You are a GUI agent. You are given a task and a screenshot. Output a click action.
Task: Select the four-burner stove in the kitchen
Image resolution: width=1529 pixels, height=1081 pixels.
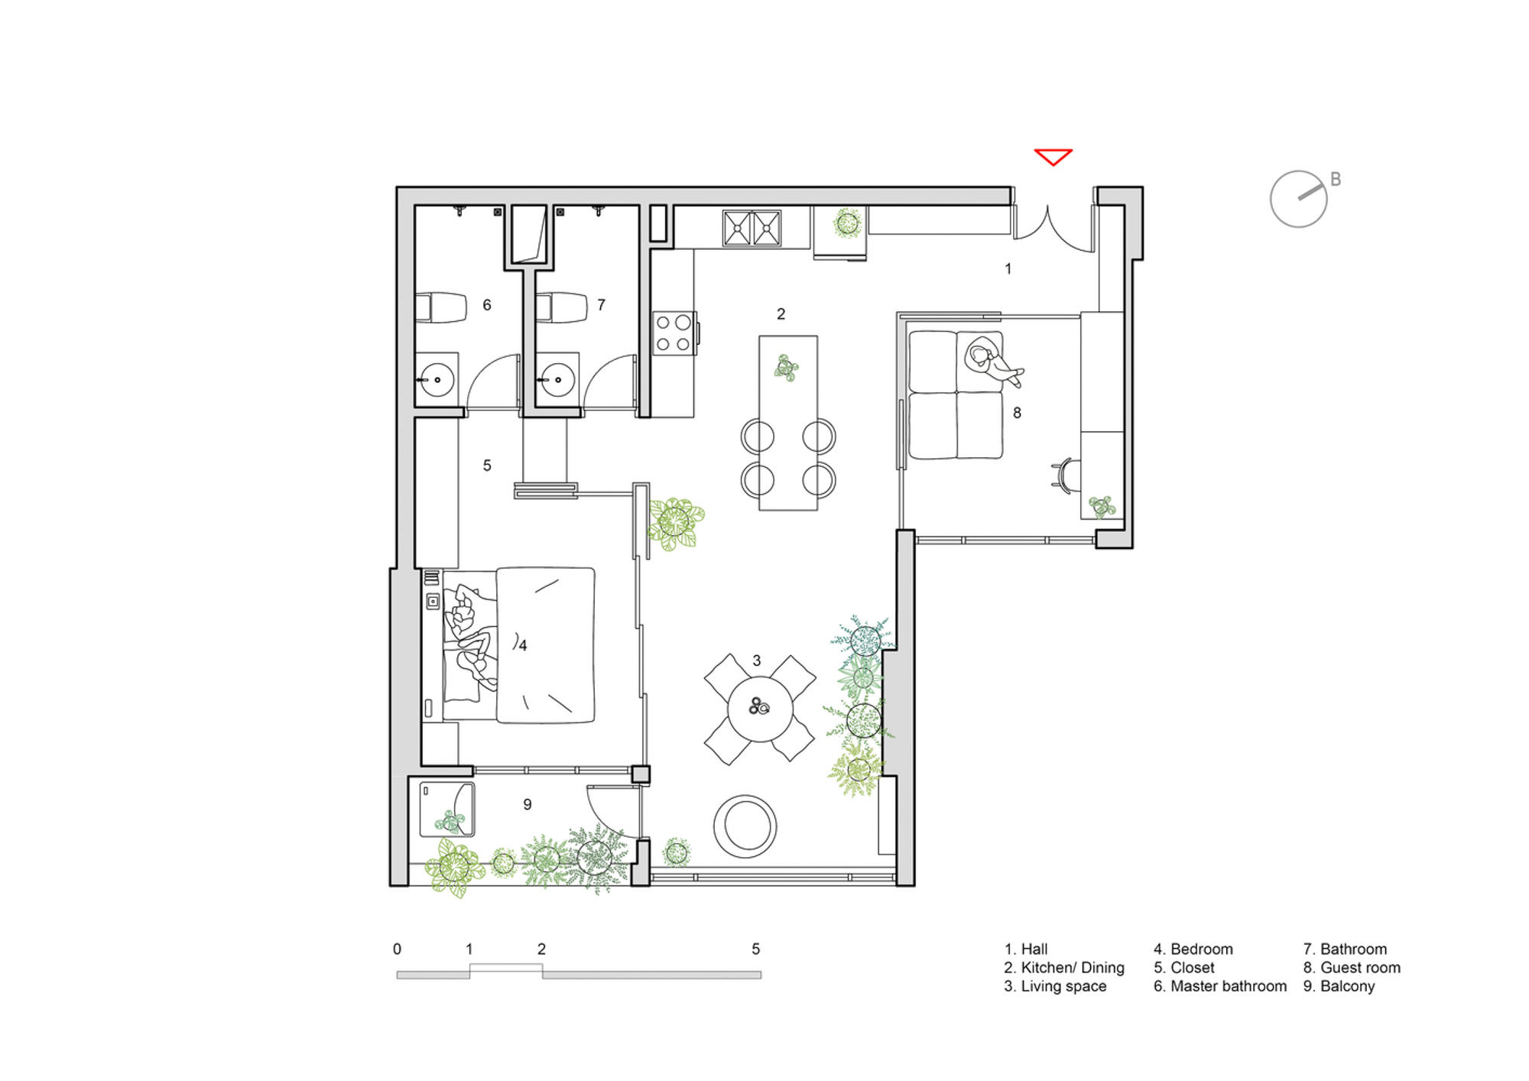point(674,333)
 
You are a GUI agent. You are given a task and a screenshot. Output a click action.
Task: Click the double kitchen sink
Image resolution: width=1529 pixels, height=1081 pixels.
point(752,228)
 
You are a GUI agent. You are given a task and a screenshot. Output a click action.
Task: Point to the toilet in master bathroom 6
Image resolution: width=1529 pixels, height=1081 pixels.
point(441,307)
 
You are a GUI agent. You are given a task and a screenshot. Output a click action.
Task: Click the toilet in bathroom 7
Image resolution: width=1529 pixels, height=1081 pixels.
point(561,307)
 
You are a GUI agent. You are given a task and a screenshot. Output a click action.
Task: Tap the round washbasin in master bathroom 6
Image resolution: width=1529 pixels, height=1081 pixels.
point(437,380)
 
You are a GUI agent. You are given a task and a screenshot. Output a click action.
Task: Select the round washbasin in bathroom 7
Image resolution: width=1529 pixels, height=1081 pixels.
point(557,380)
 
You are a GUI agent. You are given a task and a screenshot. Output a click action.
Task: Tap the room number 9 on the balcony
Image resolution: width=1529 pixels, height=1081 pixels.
point(528,804)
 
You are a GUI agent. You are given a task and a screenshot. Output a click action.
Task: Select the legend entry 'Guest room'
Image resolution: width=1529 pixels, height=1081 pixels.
point(1352,968)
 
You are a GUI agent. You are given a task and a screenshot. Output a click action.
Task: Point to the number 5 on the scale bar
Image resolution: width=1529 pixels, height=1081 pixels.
point(756,949)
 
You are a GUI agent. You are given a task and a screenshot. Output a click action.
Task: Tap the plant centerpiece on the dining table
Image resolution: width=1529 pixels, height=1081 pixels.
point(786,368)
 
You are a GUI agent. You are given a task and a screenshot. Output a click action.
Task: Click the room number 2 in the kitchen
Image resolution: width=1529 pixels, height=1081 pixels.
point(781,314)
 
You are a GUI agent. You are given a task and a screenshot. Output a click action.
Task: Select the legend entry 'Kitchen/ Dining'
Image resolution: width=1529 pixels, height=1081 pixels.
point(1064,968)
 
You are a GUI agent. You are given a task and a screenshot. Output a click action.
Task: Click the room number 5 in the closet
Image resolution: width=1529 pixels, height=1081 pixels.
point(487,466)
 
